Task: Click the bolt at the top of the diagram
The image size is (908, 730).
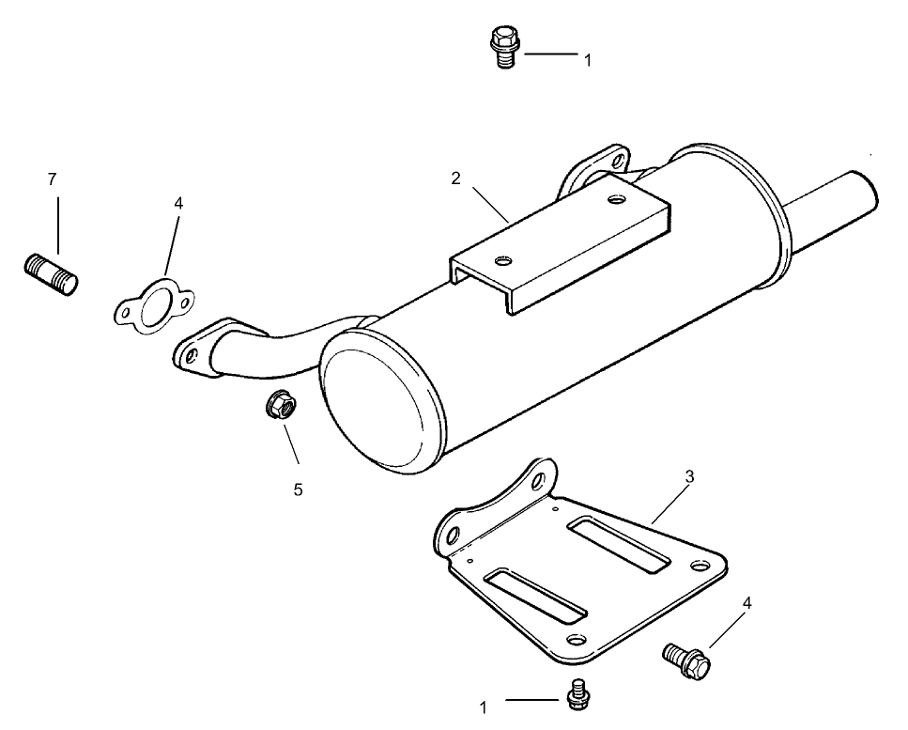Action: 504,49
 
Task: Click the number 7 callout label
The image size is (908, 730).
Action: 53,179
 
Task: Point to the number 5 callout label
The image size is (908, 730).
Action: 298,489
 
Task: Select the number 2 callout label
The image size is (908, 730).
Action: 455,179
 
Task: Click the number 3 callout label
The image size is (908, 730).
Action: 689,476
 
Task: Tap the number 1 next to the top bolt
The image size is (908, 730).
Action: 588,60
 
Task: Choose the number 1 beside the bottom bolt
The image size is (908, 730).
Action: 484,707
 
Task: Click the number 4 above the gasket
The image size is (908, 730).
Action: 178,203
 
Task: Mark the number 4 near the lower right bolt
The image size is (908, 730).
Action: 747,603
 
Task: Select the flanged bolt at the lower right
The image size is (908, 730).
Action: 686,659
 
